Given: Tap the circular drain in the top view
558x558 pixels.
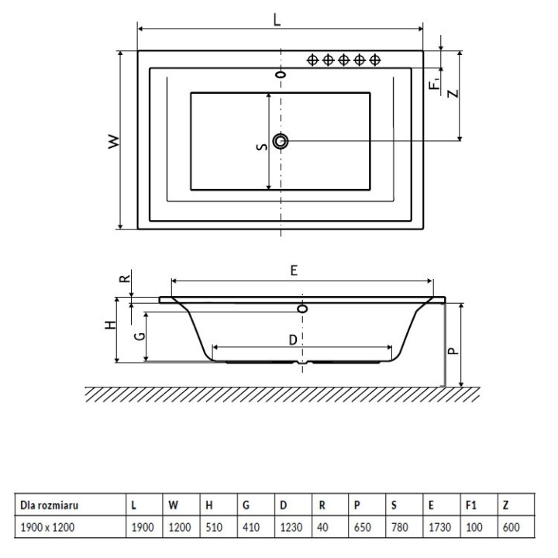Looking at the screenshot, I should [x=281, y=141].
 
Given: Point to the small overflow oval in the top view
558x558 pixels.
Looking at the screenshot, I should [x=281, y=75].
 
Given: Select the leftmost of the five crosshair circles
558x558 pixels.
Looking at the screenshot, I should [x=312, y=60].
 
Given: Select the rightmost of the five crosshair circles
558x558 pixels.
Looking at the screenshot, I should [x=375, y=60].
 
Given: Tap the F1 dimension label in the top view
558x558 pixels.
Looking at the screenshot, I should [x=436, y=78].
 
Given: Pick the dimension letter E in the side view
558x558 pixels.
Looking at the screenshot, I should [x=294, y=270].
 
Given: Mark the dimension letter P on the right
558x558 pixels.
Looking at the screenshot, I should [x=453, y=350].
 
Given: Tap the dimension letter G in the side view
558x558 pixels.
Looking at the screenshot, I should [x=139, y=336].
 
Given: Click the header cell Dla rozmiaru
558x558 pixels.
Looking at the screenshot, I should [x=50, y=505].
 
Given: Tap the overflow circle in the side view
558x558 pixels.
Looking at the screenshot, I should [x=302, y=308].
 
